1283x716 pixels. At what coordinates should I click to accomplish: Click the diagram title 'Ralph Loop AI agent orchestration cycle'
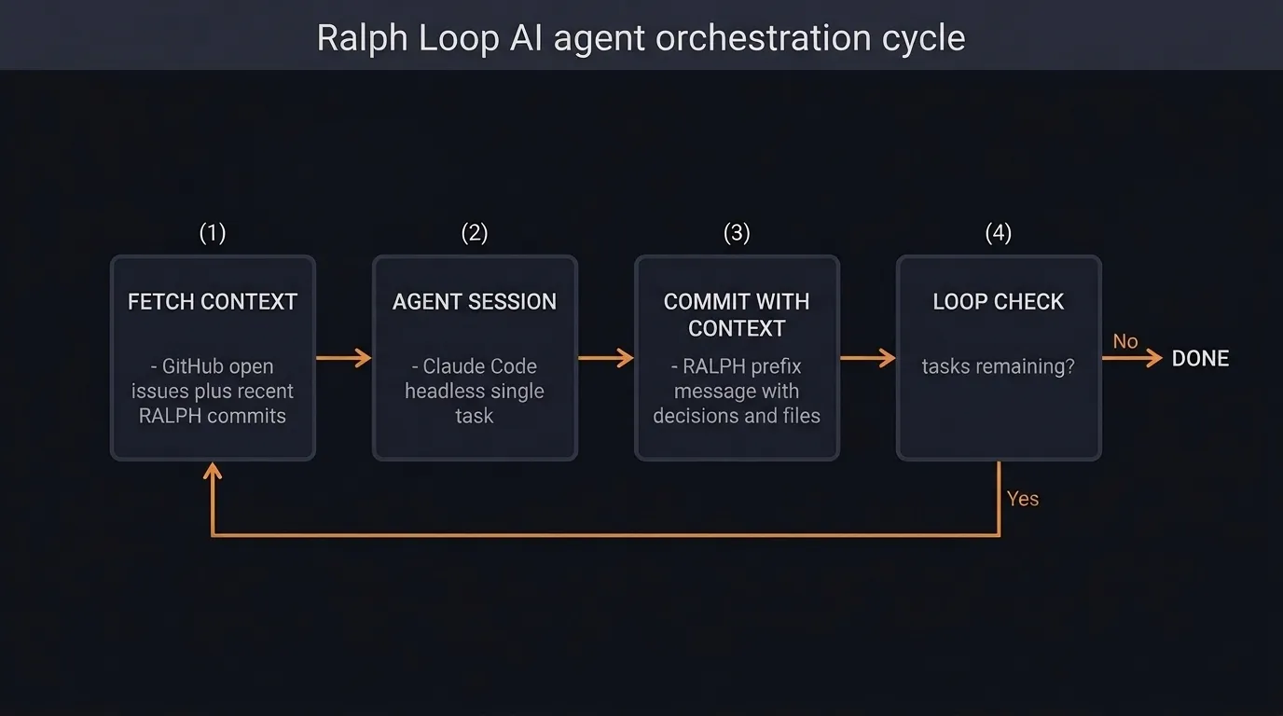641,38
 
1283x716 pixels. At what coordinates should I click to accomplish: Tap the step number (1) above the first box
213,233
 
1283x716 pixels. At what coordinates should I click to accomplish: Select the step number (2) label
475,233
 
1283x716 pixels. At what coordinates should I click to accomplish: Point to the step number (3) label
737,233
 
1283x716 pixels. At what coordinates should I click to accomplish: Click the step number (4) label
999,233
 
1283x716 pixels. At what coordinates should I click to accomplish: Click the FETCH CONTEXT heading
213,302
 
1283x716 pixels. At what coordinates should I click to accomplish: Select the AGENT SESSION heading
475,302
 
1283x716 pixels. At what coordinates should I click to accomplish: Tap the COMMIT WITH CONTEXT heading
737,315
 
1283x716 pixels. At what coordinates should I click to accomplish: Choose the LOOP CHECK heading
999,302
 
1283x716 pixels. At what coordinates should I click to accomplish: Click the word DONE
1200,359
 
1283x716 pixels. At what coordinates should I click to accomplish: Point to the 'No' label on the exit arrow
1125,341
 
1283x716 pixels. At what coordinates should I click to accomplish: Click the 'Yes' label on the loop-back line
1023,499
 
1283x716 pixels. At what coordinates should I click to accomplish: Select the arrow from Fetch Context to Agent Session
344,358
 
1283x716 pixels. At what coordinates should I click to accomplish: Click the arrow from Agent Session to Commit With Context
606,358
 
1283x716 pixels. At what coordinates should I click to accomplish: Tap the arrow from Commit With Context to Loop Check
868,358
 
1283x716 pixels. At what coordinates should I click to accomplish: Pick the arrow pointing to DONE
1132,358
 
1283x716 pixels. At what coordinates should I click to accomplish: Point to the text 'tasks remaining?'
999,366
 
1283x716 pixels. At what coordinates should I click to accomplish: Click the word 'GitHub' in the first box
218,366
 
